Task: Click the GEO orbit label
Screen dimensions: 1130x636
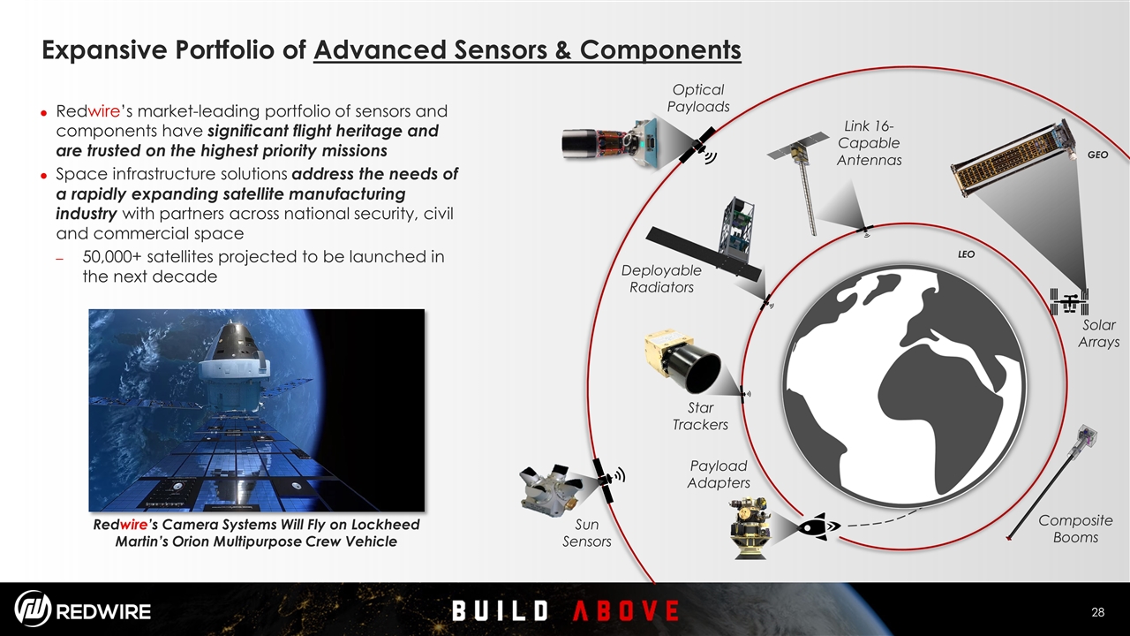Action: pos(1097,155)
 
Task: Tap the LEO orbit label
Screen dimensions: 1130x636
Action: pos(966,254)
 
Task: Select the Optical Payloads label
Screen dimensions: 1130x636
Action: pos(698,98)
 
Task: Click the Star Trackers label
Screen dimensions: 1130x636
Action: pos(700,416)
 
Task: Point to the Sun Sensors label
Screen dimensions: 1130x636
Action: pos(587,533)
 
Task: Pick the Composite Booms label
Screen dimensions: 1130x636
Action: pos(1075,528)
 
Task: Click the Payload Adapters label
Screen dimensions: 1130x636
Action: pos(719,474)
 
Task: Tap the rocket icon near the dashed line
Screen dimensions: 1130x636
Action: pos(818,526)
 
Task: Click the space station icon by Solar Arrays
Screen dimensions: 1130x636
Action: pos(1069,302)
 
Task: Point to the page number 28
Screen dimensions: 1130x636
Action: pos(1097,612)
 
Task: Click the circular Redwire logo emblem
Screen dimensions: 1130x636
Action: pos(33,609)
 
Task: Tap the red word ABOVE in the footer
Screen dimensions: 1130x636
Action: pos(626,610)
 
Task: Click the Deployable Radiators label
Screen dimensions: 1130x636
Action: pos(661,278)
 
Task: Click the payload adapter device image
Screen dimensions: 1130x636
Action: pos(750,527)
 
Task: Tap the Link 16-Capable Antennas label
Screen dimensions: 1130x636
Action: pos(869,143)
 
